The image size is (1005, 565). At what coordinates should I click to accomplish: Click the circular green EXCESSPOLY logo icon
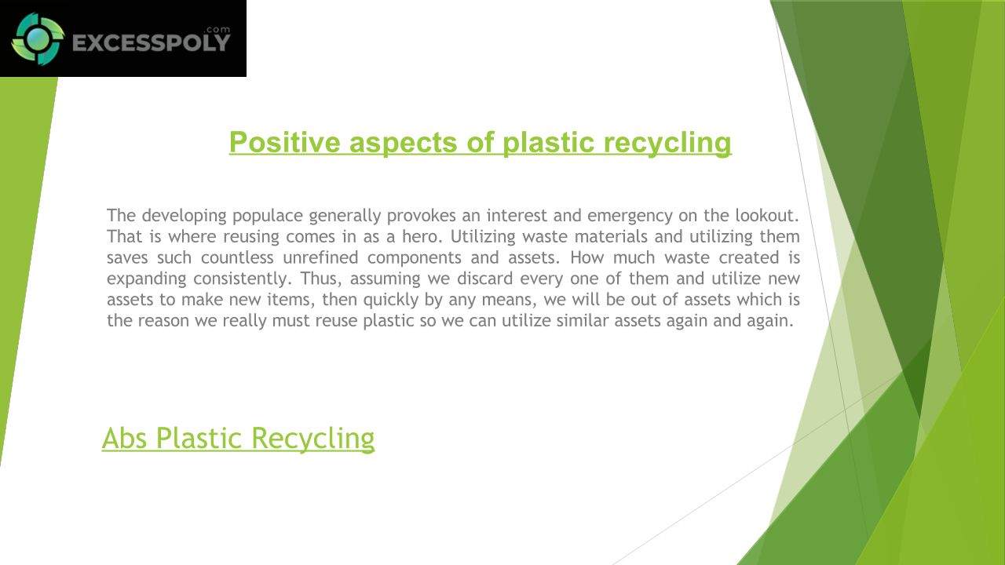click(38, 39)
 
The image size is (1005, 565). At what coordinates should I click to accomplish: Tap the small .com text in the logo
click(217, 30)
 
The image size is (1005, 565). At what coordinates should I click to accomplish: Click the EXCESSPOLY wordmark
click(152, 43)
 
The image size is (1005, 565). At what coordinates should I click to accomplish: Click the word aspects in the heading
click(404, 144)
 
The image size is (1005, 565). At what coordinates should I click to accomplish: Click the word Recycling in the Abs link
click(312, 439)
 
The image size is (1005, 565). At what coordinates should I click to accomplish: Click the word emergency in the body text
click(630, 216)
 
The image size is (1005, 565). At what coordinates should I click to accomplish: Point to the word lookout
click(766, 215)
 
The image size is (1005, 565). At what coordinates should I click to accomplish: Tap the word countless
click(237, 257)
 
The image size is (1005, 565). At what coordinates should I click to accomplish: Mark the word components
click(414, 258)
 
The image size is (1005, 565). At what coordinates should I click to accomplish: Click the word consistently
click(243, 279)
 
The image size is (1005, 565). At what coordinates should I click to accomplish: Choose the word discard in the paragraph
click(485, 279)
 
